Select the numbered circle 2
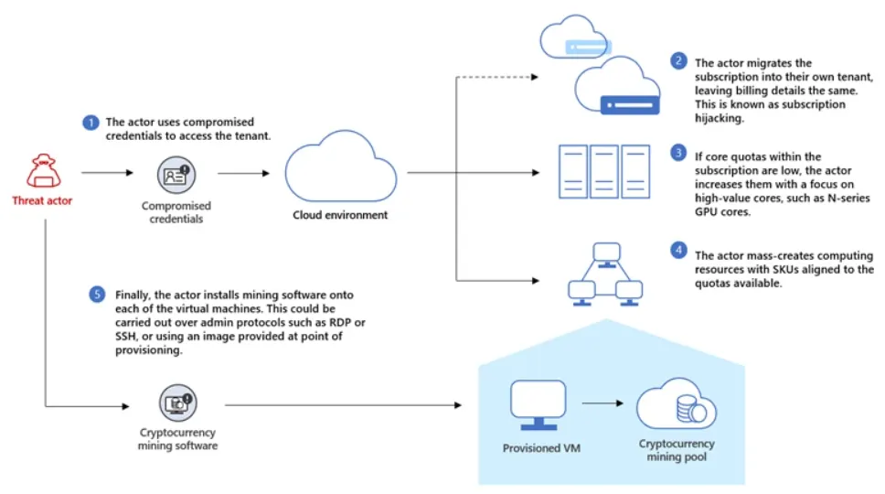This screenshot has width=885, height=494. [677, 61]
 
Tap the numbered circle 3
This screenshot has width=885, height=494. [677, 152]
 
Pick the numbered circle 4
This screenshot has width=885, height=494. [677, 250]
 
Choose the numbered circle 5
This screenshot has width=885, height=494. [98, 295]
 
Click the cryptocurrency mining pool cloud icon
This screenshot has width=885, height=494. [677, 406]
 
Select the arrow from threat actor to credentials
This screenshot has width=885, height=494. [105, 172]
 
